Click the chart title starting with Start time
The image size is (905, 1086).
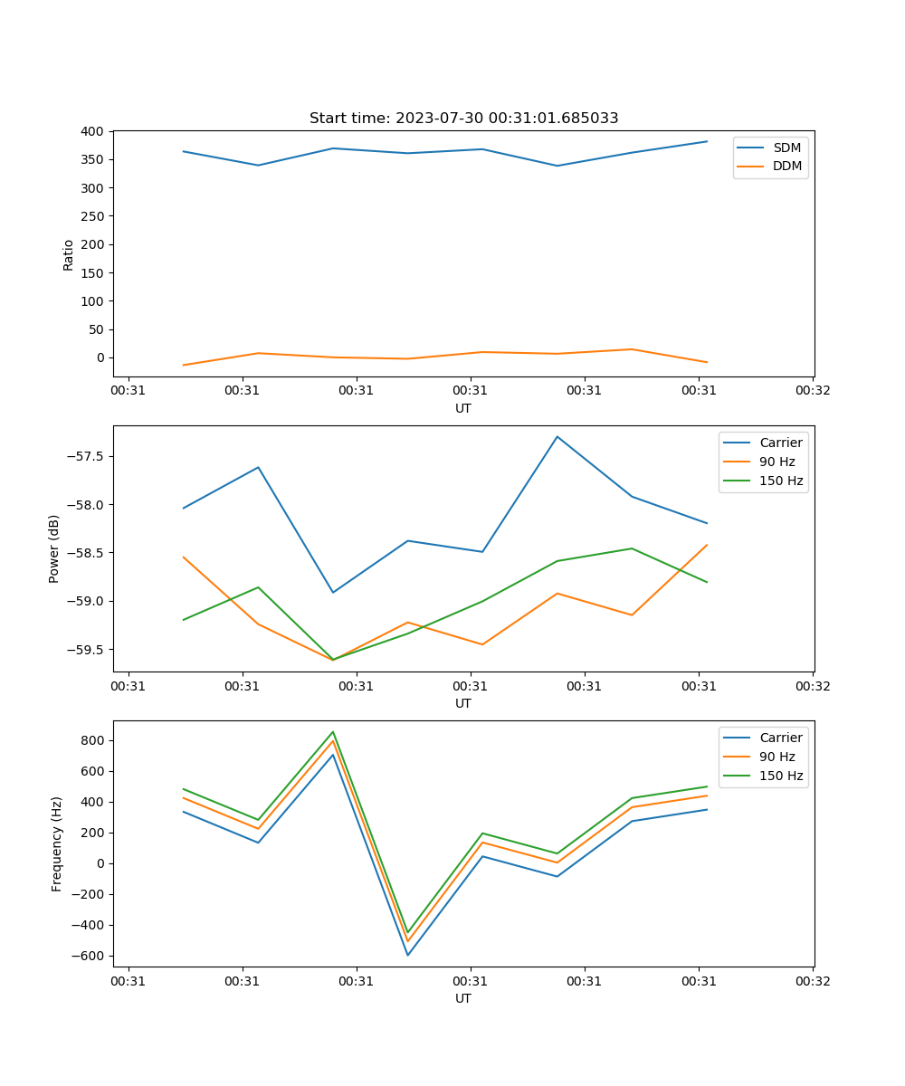point(463,119)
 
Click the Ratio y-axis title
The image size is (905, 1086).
point(69,254)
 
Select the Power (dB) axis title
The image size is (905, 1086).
point(55,548)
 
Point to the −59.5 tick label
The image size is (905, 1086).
point(85,649)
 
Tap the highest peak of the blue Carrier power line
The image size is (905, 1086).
point(557,437)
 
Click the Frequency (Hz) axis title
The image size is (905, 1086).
point(57,843)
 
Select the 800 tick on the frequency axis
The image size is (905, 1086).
point(94,740)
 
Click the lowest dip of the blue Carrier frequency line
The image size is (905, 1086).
point(408,955)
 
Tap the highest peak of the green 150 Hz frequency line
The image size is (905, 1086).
point(333,732)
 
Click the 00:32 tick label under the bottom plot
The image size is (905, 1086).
point(813,980)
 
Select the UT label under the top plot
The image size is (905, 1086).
point(463,408)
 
